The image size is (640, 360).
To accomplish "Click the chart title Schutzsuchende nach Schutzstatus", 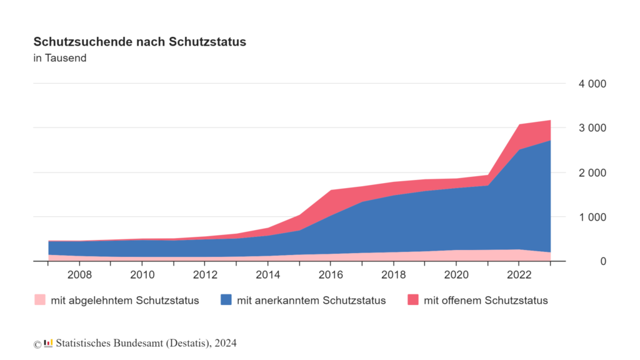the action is [139, 42].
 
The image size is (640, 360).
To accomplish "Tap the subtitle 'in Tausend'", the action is [60, 58].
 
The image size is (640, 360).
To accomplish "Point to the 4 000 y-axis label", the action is [592, 84].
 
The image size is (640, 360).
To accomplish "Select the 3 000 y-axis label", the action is [592, 127].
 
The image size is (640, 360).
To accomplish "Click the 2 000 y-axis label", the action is [592, 172].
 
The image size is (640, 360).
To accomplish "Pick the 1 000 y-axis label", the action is [592, 217].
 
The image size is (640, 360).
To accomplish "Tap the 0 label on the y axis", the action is [603, 261].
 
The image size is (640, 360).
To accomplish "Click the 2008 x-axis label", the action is [79, 275].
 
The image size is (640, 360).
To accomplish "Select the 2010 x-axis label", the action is [142, 275].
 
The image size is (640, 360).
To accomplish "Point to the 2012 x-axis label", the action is [205, 275].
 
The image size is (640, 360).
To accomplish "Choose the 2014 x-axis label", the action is [267, 275].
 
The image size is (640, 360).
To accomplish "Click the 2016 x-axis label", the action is [331, 275].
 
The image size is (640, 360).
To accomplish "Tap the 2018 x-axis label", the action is [394, 275].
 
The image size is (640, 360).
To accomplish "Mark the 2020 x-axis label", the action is [456, 275].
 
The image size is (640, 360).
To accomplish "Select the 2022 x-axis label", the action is [519, 275].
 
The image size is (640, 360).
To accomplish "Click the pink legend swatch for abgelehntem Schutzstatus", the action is [40, 299].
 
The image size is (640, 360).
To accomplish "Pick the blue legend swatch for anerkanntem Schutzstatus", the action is [226, 299].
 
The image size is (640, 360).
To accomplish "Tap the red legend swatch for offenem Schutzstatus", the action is [413, 299].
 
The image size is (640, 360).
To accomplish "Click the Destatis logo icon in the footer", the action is [49, 343].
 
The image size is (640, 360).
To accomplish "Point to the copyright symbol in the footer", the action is [37, 344].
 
